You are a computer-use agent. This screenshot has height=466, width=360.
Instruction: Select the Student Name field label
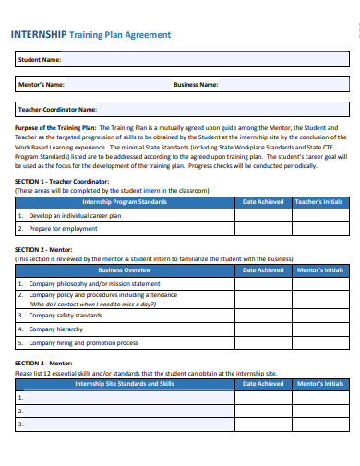coord(40,60)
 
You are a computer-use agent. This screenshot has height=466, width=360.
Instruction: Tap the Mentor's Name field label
coord(42,85)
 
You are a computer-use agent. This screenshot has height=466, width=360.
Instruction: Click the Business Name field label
coord(196,85)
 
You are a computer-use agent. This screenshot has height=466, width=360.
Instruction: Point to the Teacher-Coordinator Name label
coord(57,109)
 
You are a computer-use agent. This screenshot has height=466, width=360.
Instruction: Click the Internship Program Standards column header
coord(125,200)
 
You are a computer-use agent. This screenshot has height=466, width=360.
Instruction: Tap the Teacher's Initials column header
coord(319,200)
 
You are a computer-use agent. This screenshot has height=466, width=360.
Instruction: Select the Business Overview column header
coord(125,270)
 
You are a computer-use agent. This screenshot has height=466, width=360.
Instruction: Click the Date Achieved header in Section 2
coord(263,270)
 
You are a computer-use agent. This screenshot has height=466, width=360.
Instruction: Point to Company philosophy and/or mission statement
coord(89,284)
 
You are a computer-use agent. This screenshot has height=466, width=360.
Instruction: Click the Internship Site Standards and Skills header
coord(125,383)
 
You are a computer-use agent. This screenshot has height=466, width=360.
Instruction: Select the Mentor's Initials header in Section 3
coord(319,383)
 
